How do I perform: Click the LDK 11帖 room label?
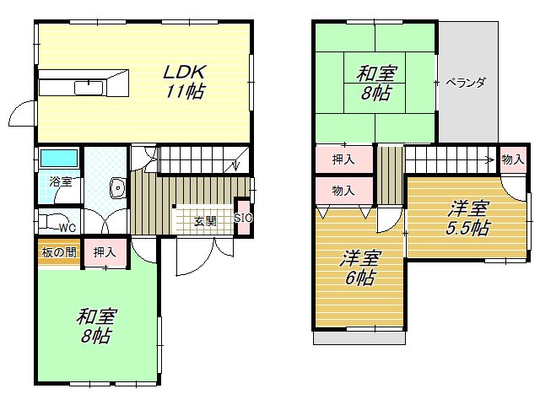pos(183,81)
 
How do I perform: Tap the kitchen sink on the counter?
pos(88,88)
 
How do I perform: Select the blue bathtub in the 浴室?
pos(58,158)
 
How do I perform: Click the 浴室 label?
pos(60,181)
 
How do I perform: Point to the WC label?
pos(67,227)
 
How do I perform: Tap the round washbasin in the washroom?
pos(118,187)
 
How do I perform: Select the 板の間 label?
pos(58,251)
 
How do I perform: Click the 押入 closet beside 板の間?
pos(105,251)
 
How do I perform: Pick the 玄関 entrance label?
pos(205,222)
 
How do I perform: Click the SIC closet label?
pos(243,218)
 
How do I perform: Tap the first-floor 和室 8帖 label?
pos(97,326)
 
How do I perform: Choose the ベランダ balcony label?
pos(466,83)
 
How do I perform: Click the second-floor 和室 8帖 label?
pos(375,83)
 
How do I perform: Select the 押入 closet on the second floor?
pos(343,159)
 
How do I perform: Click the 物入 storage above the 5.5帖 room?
pos(511,159)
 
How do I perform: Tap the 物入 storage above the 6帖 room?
pos(343,191)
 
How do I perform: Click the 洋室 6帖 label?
pos(360,267)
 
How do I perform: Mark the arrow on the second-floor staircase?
pos(488,157)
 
